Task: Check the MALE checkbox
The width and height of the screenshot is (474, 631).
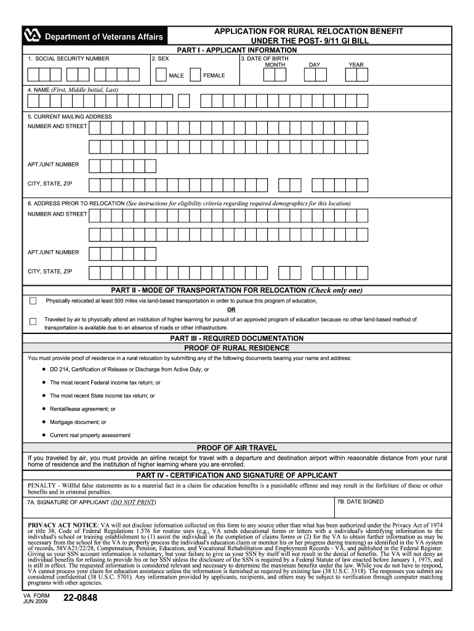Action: [x=160, y=75]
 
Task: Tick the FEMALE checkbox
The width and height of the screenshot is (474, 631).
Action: [x=195, y=75]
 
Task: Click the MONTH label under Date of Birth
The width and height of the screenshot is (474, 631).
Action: [x=275, y=65]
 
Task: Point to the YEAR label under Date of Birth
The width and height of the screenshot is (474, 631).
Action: [x=356, y=65]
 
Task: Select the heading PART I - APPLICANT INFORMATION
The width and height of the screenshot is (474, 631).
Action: [x=237, y=50]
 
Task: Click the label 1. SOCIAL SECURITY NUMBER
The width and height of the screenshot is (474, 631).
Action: [x=68, y=59]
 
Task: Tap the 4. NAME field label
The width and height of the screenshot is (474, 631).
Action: [x=73, y=90]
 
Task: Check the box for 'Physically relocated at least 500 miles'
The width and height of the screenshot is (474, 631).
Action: [x=33, y=301]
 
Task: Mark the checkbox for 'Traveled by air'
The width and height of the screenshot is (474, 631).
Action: [x=33, y=321]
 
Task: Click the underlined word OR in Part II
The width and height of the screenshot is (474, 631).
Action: [x=231, y=310]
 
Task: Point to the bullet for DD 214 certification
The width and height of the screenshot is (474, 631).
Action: [x=44, y=369]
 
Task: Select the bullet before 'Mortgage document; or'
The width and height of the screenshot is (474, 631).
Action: [x=44, y=422]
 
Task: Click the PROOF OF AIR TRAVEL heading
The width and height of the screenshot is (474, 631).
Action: [x=237, y=447]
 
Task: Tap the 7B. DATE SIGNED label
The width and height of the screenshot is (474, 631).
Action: [x=360, y=502]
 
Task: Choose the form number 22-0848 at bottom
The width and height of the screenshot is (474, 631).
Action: [x=80, y=598]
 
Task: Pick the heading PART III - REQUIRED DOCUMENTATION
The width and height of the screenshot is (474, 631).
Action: [x=237, y=338]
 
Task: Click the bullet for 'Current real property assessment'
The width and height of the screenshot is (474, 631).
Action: [x=44, y=435]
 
